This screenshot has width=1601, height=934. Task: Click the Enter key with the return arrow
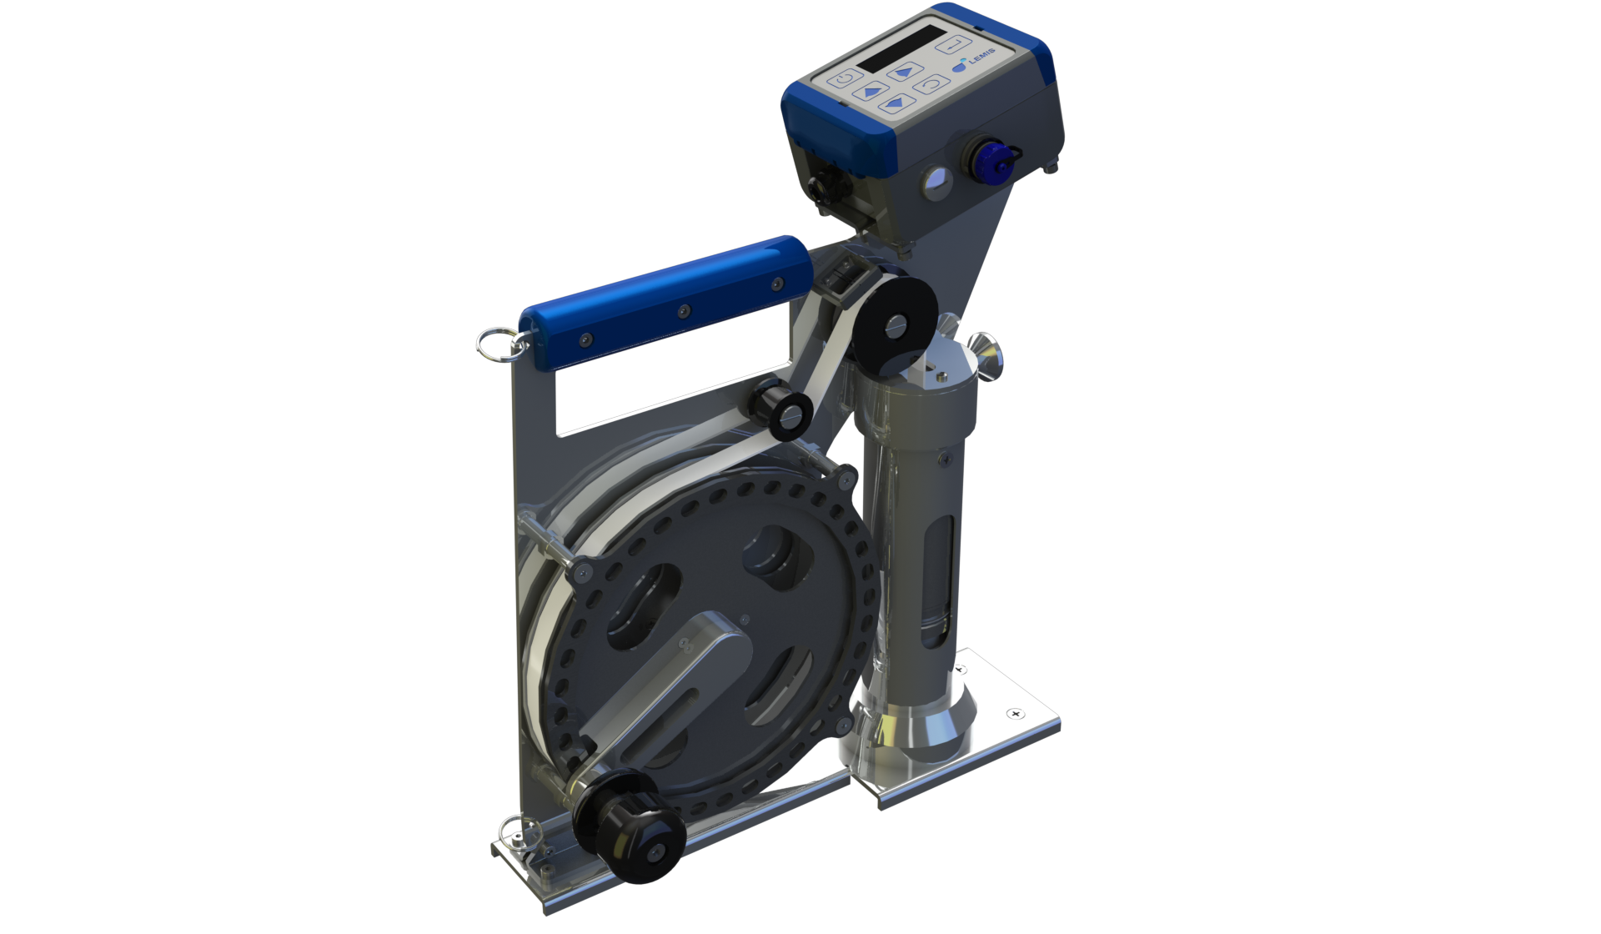coord(954,43)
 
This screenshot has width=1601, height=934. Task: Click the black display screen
coord(901,48)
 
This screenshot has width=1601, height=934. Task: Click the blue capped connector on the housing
coord(993,159)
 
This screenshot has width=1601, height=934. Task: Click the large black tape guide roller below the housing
coord(892,322)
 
